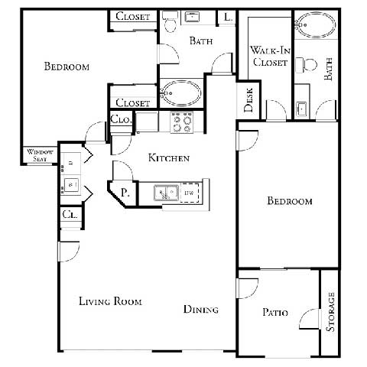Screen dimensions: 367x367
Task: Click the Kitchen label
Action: [168, 158]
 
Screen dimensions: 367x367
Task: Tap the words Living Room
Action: [111, 301]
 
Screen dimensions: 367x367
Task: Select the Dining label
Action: [201, 310]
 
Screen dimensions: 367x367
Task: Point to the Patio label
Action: [274, 311]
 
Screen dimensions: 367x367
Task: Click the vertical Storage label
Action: [330, 312]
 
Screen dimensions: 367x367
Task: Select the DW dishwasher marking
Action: [188, 193]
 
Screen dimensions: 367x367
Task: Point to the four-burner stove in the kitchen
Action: [181, 122]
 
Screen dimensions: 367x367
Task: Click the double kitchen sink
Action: [165, 193]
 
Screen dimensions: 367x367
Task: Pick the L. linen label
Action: [227, 18]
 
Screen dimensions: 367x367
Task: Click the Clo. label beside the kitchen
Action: [121, 119]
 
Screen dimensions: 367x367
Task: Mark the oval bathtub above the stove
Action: [180, 94]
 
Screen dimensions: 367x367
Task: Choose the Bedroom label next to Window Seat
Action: [67, 67]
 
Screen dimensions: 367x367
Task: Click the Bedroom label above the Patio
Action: [289, 202]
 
